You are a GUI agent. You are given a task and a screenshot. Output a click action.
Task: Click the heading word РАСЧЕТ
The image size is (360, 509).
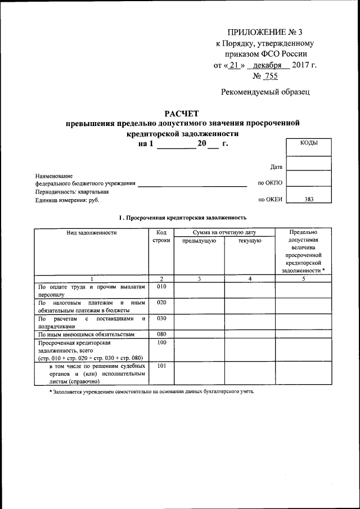(182, 114)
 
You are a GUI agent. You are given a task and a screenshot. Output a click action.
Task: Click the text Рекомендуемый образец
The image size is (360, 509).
(264, 92)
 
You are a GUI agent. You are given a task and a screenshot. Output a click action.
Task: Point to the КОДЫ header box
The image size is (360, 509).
(309, 143)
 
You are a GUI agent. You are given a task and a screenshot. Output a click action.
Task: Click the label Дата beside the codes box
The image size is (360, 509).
(276, 167)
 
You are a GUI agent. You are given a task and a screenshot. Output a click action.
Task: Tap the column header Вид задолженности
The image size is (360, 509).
(91, 232)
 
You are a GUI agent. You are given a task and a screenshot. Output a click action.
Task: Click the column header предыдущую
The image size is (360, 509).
(199, 241)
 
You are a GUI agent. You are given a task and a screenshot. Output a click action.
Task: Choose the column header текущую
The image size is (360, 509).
(249, 241)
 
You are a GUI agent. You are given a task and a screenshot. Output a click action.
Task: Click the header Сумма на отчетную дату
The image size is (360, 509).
(224, 232)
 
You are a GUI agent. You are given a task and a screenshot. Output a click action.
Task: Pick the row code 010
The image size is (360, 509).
(161, 287)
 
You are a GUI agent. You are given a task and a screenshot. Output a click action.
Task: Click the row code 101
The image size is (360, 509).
(161, 366)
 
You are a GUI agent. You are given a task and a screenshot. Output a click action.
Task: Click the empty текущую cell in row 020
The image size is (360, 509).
(249, 306)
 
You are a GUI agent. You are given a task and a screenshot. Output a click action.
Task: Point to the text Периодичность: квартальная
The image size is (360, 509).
(72, 191)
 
